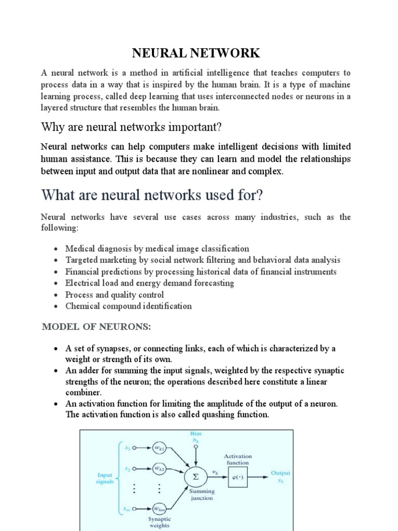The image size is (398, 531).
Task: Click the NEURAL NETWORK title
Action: point(195,53)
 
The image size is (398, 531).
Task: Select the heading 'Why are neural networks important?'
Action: point(131,127)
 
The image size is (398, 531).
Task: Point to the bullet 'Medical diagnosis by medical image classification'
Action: point(157,249)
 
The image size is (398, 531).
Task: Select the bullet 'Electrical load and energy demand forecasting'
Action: point(150,283)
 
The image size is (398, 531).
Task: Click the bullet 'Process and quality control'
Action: point(115,295)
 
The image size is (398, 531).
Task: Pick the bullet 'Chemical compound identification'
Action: point(129,306)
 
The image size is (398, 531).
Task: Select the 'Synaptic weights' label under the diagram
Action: point(159,522)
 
